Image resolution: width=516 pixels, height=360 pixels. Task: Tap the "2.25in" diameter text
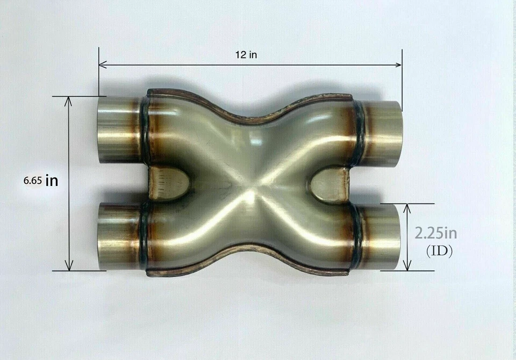[x=436, y=233]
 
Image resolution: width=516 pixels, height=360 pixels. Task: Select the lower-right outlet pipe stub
[x=381, y=236]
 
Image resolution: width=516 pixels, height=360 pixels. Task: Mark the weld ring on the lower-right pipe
[x=356, y=236]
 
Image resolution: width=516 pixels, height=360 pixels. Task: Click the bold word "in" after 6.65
[x=52, y=181]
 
